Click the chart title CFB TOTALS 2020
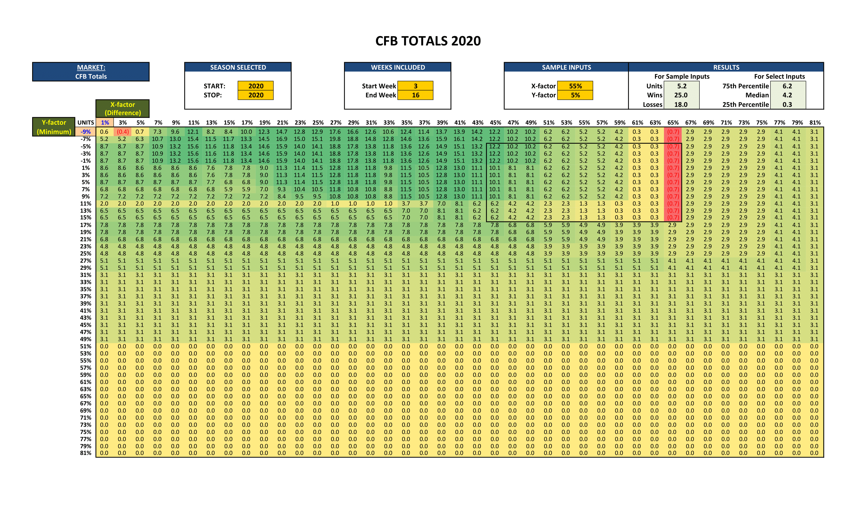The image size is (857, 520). [x=428, y=41]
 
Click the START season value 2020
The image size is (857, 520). [x=256, y=86]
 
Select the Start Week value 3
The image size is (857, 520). [x=415, y=86]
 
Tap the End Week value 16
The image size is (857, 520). [x=415, y=95]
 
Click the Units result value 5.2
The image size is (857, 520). [x=681, y=86]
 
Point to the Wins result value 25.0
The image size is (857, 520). [x=681, y=95]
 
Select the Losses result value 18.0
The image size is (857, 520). [x=681, y=104]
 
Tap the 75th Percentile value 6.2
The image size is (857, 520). [x=787, y=86]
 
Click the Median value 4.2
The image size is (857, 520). [x=787, y=95]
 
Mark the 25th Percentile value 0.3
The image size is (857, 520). [x=787, y=104]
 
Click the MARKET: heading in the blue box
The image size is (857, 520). [x=91, y=67]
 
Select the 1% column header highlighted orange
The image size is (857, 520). [x=105, y=122]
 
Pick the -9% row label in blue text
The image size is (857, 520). [x=86, y=132]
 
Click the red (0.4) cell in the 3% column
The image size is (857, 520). [x=122, y=132]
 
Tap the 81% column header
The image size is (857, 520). [x=814, y=122]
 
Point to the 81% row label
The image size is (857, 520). [x=86, y=453]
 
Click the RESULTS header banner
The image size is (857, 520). [x=726, y=67]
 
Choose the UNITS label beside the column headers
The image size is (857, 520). [x=86, y=122]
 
